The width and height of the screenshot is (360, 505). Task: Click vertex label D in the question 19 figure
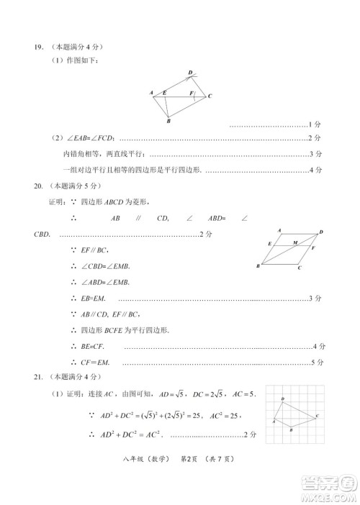tap(190, 73)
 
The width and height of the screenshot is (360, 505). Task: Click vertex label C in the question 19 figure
tap(210, 96)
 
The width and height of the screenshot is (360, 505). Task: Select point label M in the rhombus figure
tap(294, 242)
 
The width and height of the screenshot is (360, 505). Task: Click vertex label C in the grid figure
tap(318, 417)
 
